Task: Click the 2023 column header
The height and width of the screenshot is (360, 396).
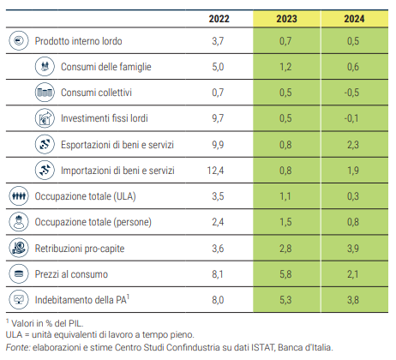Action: click(x=286, y=19)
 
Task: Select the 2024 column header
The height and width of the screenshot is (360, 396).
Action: click(x=354, y=19)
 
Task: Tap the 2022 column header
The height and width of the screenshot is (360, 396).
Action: click(x=219, y=19)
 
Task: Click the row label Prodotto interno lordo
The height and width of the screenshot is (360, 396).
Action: click(x=78, y=41)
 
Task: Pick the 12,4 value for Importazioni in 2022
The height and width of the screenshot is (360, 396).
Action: click(x=215, y=171)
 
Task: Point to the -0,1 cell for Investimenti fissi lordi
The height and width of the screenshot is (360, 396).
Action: click(x=351, y=118)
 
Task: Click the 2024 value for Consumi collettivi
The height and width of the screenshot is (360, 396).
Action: click(x=351, y=93)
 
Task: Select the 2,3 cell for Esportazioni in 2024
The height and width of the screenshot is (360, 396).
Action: click(x=353, y=145)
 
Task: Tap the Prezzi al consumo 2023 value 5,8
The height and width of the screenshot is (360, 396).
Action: click(x=285, y=274)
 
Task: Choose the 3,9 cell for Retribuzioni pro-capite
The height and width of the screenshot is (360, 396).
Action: click(x=353, y=249)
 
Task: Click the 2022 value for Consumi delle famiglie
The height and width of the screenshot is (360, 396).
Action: click(x=218, y=67)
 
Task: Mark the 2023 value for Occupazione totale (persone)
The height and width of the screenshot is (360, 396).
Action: click(x=285, y=222)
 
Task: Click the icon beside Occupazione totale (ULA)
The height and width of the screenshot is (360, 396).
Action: click(x=19, y=196)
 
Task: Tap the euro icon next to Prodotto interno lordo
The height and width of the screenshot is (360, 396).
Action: click(x=19, y=41)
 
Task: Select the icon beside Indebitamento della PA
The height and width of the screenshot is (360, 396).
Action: click(x=19, y=299)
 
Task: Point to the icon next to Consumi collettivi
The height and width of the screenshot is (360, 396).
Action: click(x=45, y=93)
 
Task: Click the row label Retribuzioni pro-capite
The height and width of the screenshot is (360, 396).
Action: click(x=80, y=249)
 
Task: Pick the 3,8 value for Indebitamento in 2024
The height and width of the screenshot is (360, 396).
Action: click(x=353, y=300)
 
